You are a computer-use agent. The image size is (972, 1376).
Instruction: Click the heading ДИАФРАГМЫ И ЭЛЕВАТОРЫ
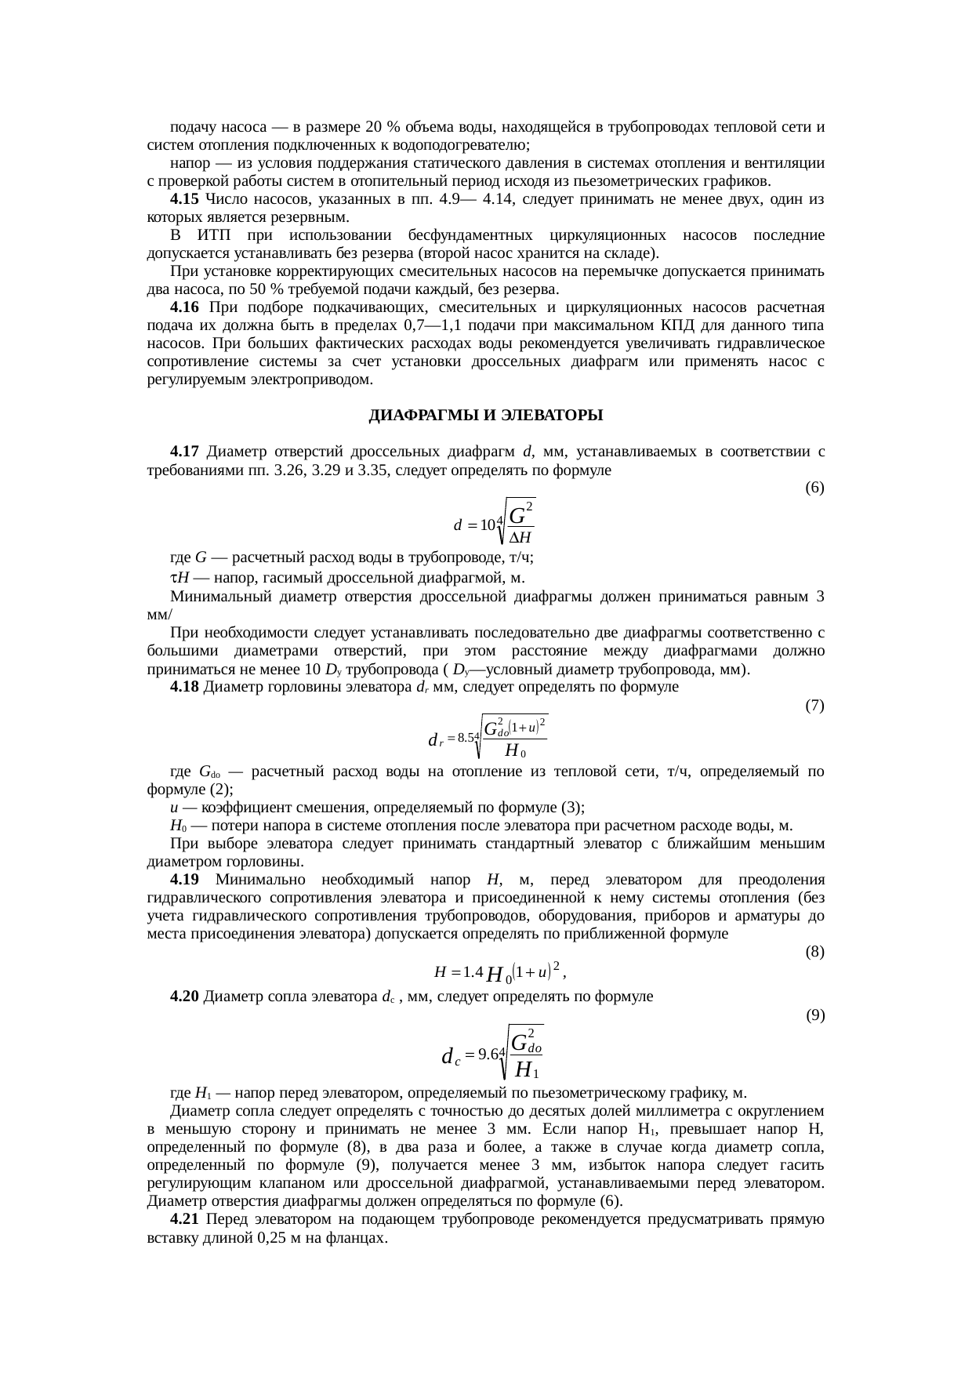click(485, 416)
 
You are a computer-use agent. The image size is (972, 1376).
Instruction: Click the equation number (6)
click(814, 488)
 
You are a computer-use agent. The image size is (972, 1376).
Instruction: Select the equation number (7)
click(814, 705)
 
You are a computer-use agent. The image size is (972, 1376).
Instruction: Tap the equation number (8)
click(814, 952)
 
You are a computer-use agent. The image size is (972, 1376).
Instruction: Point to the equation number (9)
click(814, 1015)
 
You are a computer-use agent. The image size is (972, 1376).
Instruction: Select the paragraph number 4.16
click(183, 307)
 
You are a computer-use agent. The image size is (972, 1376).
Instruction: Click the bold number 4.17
click(183, 452)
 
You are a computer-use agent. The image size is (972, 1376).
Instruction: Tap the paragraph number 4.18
click(183, 687)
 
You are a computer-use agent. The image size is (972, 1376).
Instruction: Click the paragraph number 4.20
click(183, 997)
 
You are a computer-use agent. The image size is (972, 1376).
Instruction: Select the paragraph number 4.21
click(183, 1219)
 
